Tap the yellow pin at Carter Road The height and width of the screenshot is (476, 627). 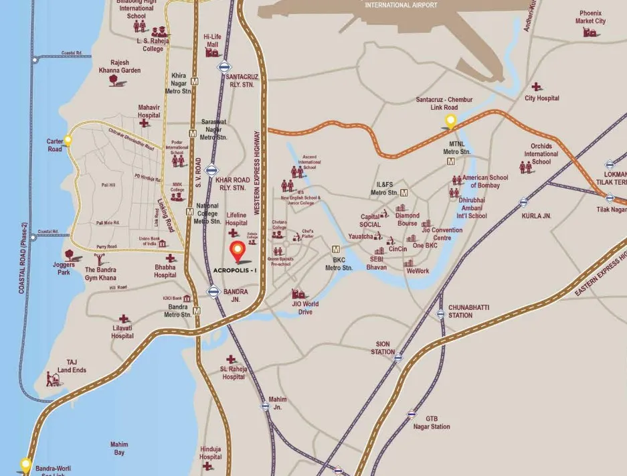coord(68,140)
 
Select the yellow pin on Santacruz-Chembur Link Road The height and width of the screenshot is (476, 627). coord(451,121)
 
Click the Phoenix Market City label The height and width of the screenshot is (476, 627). coord(590,17)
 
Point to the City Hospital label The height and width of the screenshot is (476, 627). coord(541,98)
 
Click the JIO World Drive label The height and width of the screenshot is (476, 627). coord(305,308)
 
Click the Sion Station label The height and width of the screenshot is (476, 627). coord(383,347)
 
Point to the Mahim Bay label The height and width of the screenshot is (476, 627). coord(118,449)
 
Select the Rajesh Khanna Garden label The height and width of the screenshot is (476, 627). coord(120,66)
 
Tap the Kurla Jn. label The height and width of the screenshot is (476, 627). coord(536,216)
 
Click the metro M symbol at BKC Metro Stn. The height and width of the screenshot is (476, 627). coord(337,248)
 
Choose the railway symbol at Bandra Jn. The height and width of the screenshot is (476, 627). coord(213,291)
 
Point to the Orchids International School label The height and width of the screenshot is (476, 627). coord(541,153)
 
